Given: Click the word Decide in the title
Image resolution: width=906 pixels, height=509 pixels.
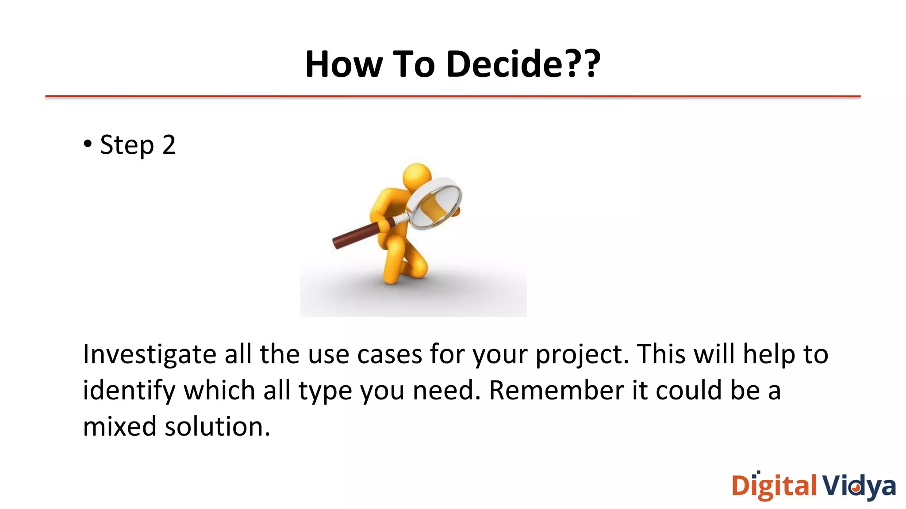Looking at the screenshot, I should (x=504, y=64).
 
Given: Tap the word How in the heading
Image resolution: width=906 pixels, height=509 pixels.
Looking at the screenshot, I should (x=343, y=64).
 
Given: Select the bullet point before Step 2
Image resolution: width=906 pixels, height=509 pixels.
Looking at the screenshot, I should (x=88, y=144).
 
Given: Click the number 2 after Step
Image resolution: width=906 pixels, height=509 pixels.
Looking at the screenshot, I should (x=169, y=145).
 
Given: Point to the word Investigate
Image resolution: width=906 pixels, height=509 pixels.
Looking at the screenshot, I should (x=149, y=355).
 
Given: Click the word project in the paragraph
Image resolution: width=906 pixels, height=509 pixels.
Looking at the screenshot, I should (x=580, y=355).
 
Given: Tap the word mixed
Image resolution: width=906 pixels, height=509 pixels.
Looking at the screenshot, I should (x=119, y=427).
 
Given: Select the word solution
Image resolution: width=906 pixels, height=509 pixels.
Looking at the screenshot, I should (x=216, y=427).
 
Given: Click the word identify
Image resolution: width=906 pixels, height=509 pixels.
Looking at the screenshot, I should (x=129, y=391).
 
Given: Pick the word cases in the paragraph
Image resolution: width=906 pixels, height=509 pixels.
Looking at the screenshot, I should (x=389, y=355).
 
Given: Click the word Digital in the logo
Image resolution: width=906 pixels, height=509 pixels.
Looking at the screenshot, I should (x=774, y=486).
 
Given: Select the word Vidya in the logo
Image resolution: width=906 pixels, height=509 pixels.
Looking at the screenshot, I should (x=859, y=486).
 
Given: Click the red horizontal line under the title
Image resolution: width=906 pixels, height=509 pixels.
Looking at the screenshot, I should (x=453, y=96).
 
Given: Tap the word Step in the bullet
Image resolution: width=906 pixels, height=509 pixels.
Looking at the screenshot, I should (x=127, y=145).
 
